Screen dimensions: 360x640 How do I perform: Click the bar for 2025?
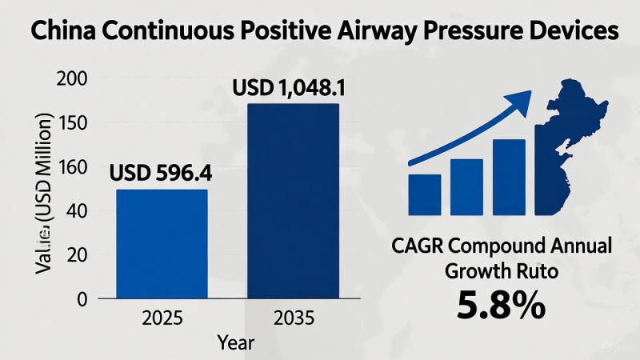[x=162, y=244]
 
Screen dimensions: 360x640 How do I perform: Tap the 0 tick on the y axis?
[x=81, y=299]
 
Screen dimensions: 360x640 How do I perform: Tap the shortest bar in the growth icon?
[x=425, y=195]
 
